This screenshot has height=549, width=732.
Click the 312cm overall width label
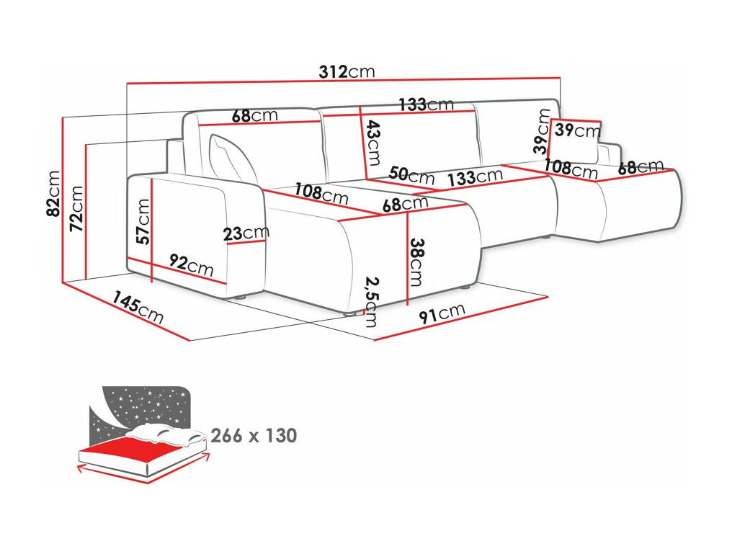pyautogui.click(x=347, y=71)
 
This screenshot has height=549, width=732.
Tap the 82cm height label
pyautogui.click(x=54, y=194)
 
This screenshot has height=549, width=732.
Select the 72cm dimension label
pyautogui.click(x=76, y=208)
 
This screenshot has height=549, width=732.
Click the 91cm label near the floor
pyautogui.click(x=442, y=313)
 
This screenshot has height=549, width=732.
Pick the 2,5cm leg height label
pyautogui.click(x=372, y=302)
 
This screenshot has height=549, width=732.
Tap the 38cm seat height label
pyautogui.click(x=416, y=262)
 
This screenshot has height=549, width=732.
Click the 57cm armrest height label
pyautogui.click(x=143, y=222)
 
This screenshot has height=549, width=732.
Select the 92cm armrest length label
pyautogui.click(x=191, y=265)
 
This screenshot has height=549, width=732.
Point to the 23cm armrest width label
pyautogui.click(x=246, y=233)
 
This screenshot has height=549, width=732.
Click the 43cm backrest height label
pyautogui.click(x=373, y=143)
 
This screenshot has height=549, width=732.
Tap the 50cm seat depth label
pyautogui.click(x=411, y=175)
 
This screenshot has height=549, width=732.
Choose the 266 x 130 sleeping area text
pyautogui.click(x=254, y=436)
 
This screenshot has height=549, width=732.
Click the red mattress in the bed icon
pyautogui.click(x=140, y=449)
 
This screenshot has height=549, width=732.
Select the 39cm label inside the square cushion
pyautogui.click(x=578, y=130)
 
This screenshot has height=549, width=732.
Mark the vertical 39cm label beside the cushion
pyautogui.click(x=542, y=131)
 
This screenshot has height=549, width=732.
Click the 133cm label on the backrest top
pyautogui.click(x=426, y=104)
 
